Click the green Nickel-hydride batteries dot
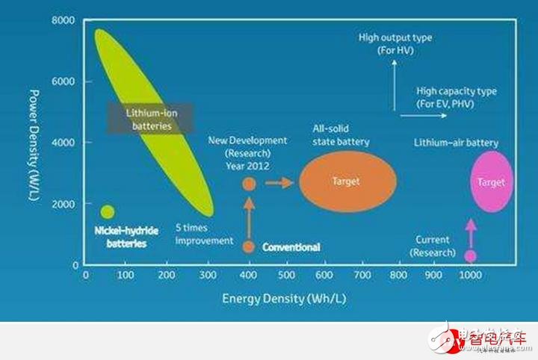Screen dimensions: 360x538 (x=108, y=211)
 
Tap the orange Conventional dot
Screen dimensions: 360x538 (x=249, y=246)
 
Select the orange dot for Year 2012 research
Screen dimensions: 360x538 (x=249, y=183)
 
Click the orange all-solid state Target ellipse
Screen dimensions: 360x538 (x=348, y=181)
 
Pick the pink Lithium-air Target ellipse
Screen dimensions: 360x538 (x=492, y=181)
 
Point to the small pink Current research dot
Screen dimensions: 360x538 (x=470, y=255)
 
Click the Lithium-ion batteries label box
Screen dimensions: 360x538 (x=152, y=119)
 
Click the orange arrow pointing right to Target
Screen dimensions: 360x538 (x=279, y=182)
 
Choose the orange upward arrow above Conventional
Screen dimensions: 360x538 (x=249, y=216)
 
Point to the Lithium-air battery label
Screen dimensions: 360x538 (x=457, y=143)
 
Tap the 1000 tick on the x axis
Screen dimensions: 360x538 (x=469, y=275)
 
